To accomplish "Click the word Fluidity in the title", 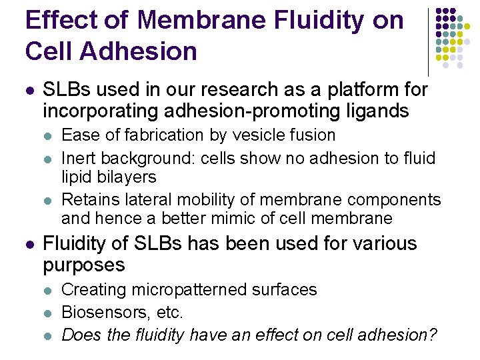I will [306, 20].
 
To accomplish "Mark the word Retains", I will [89, 200].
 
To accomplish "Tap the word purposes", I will [83, 265].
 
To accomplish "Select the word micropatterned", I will [184, 290].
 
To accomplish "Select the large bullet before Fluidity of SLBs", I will [28, 244].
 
